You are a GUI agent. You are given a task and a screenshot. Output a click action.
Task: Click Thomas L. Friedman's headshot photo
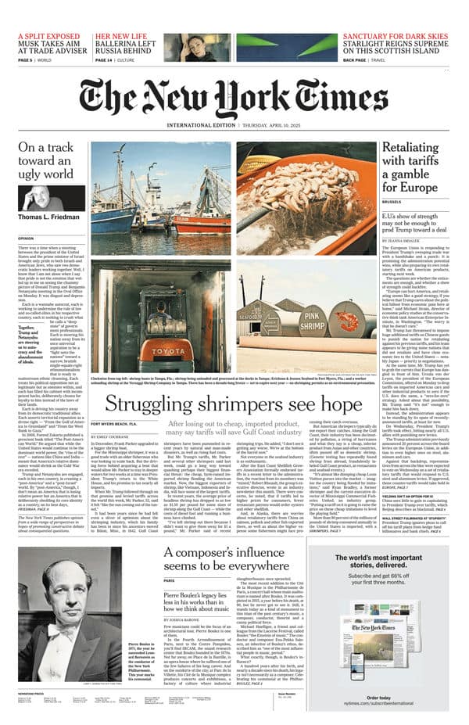point(41,196)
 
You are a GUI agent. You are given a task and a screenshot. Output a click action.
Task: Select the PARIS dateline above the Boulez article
point(169,602)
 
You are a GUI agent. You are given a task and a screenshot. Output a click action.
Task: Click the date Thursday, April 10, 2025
point(289,126)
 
